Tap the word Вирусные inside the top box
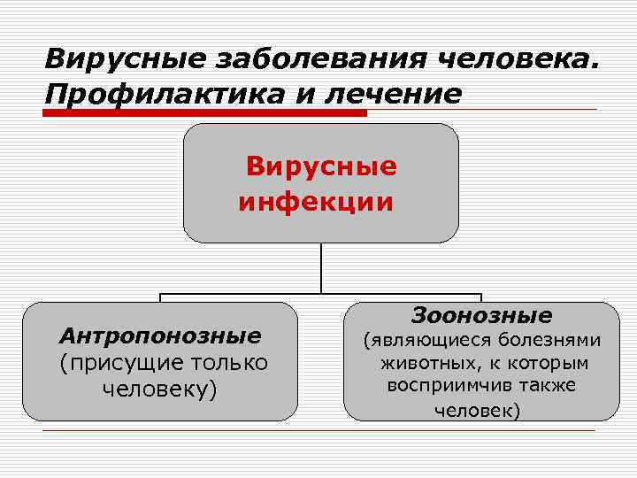point(321,166)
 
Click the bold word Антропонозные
point(160,336)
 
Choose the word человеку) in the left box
point(160,389)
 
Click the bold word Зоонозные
point(481,315)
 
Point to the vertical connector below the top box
point(320,267)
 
